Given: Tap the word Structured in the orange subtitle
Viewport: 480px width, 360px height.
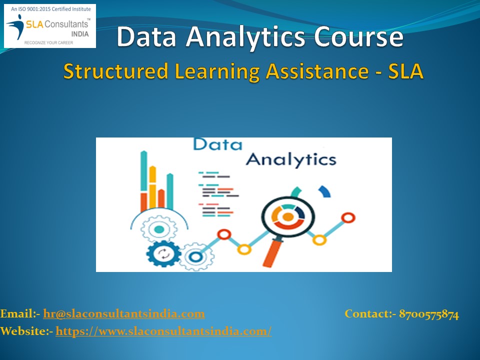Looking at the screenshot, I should point(115,71).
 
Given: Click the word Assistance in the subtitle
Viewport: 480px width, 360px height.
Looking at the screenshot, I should point(319,71).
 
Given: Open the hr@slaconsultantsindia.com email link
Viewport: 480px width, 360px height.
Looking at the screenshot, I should point(124,314).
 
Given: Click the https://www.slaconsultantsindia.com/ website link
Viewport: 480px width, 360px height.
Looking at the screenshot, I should point(163,330).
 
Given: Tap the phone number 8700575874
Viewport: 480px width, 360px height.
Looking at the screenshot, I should point(429,314).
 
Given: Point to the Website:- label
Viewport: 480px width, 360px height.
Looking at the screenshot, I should point(26,330).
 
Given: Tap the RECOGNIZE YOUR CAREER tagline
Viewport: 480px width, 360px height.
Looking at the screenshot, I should point(49,43).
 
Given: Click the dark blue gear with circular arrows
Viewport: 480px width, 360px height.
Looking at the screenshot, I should point(163,253).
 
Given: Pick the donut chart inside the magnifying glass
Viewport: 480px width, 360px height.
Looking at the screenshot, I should point(287,216).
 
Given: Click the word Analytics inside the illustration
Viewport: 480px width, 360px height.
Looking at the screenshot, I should point(291,159).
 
